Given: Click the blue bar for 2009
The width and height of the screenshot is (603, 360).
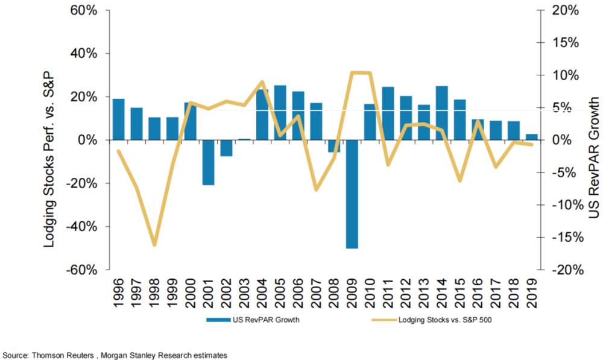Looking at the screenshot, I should (x=353, y=194).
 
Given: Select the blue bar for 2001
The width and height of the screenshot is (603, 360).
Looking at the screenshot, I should (x=209, y=162).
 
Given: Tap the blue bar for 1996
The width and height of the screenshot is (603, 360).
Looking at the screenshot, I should (x=119, y=119).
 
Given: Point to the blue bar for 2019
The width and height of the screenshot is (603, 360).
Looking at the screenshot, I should (x=532, y=137).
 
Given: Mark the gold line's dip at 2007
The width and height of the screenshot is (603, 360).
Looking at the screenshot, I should (x=317, y=190).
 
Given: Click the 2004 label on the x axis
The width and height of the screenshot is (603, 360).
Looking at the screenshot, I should (x=263, y=292).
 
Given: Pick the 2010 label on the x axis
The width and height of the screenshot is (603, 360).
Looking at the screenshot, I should (x=371, y=292).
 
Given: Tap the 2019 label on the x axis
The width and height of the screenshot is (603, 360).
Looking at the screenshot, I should (x=532, y=292).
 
